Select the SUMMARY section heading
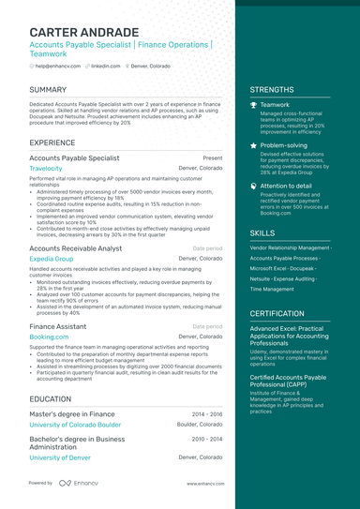(x=48, y=90)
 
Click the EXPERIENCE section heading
(x=52, y=142)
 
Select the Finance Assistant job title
(x=58, y=325)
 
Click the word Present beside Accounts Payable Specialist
(x=212, y=158)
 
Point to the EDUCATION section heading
(x=51, y=397)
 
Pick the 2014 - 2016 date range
(x=207, y=413)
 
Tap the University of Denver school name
(x=61, y=457)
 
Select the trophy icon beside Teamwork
(x=254, y=105)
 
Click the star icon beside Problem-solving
(x=254, y=146)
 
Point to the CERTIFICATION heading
(x=277, y=313)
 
